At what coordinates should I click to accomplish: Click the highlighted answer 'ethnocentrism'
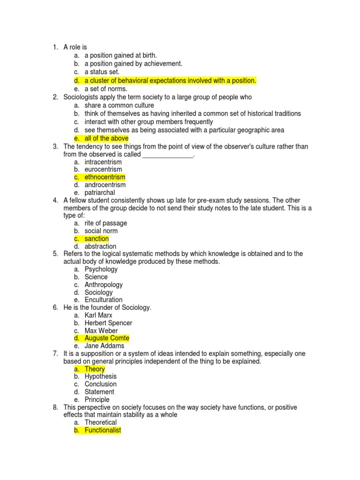tap(105, 177)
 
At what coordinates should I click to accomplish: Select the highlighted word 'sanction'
tap(97, 239)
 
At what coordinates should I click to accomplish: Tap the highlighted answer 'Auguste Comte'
tap(107, 338)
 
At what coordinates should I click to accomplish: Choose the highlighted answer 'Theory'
tap(95, 369)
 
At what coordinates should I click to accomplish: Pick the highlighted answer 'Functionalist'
tap(103, 430)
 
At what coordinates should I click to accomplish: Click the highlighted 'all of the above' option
tap(106, 138)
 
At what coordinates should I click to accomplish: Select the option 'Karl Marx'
tap(98, 315)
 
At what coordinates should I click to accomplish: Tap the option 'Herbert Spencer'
tap(108, 323)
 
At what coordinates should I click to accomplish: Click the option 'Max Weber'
tap(101, 330)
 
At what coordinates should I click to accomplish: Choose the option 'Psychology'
tap(101, 269)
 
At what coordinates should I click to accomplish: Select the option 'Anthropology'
tap(104, 285)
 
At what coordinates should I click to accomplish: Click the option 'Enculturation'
tap(104, 300)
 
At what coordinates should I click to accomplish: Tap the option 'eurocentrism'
tap(103, 169)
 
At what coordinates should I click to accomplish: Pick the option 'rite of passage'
tap(105, 223)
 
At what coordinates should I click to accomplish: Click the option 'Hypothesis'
tap(101, 376)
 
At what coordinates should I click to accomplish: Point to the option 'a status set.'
tap(102, 72)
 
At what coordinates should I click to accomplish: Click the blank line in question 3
tap(167, 155)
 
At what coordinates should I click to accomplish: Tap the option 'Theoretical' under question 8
tap(101, 422)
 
